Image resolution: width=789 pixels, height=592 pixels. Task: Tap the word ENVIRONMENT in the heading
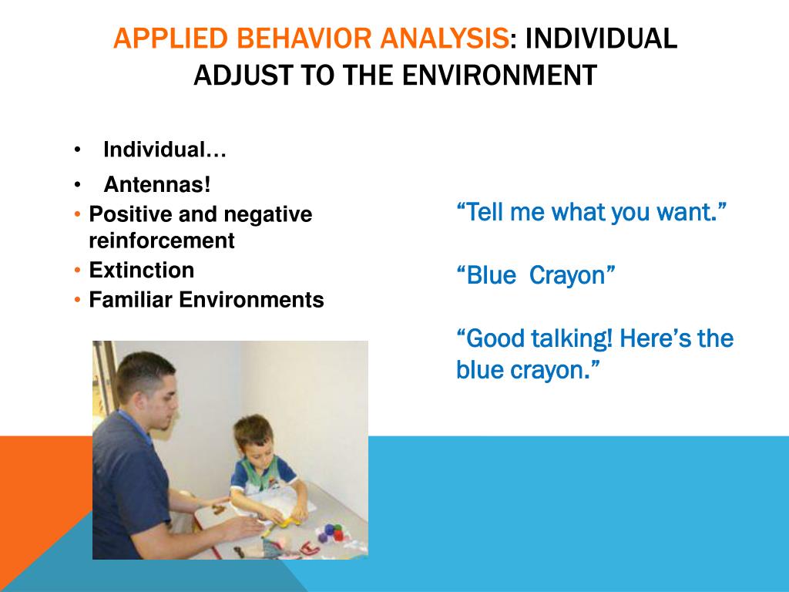[499, 75]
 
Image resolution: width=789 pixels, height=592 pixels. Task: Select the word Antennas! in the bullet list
[157, 184]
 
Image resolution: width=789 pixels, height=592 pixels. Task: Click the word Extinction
[142, 270]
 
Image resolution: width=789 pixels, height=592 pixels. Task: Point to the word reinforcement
[162, 240]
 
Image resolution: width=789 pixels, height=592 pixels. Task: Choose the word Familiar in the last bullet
[130, 300]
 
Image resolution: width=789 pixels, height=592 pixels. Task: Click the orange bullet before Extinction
[77, 271]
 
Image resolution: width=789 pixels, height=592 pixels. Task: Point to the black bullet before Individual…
[77, 150]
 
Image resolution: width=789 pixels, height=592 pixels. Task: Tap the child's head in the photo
[253, 436]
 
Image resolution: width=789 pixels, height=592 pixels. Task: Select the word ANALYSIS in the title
[444, 39]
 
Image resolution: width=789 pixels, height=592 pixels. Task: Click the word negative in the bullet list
[267, 214]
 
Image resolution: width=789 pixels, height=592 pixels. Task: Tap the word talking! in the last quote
[572, 338]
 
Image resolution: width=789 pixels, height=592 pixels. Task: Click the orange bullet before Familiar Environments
[77, 300]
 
